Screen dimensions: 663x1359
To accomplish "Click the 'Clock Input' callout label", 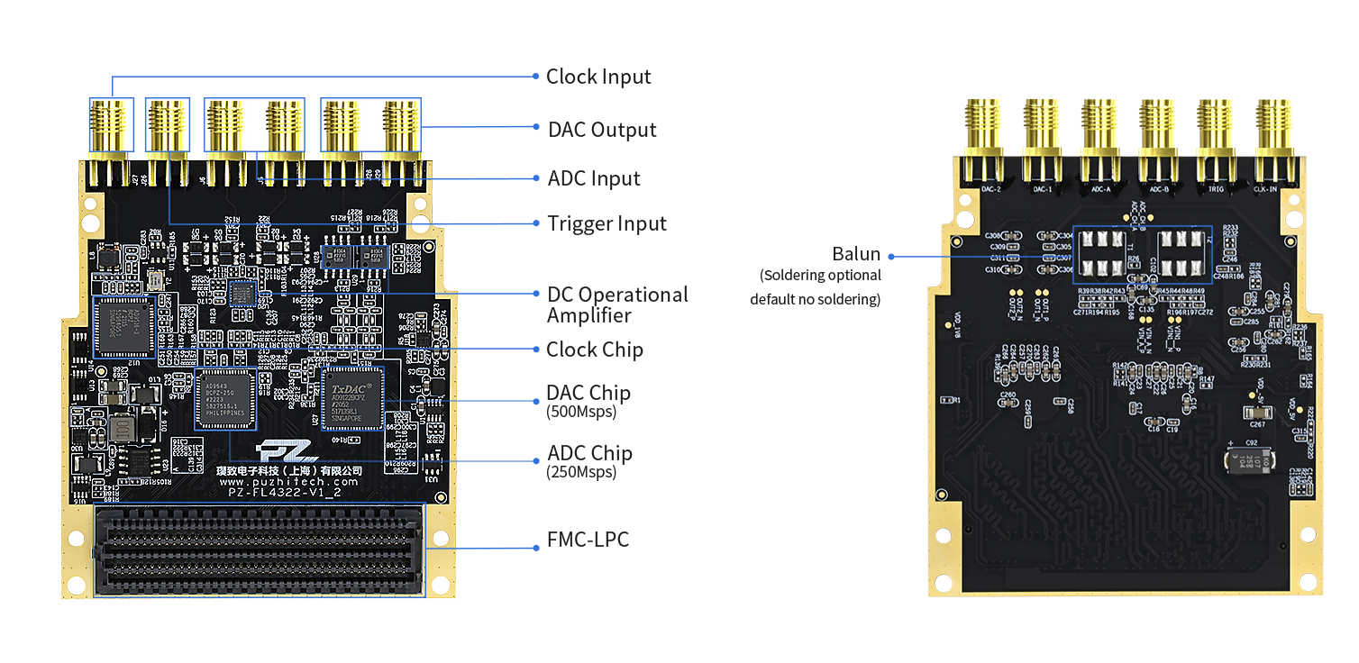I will coord(598,77).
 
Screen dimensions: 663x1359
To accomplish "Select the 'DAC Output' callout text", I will coord(602,130).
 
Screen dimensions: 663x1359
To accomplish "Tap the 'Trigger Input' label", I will coord(607,223).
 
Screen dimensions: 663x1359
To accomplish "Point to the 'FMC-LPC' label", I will coord(588,540).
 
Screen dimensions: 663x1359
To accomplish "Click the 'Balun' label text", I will coord(856,255).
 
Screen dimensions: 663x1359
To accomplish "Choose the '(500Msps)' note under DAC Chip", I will coord(581,413).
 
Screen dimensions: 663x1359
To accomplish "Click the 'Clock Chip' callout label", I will coord(595,350).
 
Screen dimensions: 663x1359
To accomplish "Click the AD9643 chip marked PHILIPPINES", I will coord(225,397).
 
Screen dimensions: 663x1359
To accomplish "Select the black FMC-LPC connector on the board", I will coord(258,549).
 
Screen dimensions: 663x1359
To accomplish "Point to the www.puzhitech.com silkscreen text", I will coord(288,482).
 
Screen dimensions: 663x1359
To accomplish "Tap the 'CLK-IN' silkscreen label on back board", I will coord(1265,190).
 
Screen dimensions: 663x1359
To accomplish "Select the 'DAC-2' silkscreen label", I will coord(990,190).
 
